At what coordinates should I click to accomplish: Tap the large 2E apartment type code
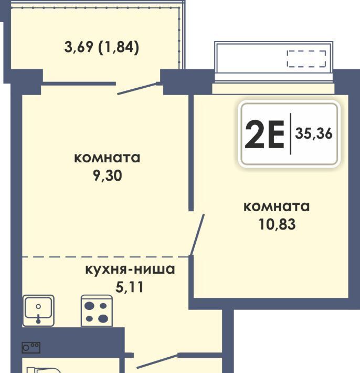point(264,134)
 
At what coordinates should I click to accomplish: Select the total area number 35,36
point(313,133)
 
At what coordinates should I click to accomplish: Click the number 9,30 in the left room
point(108,176)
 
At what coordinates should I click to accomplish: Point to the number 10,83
point(277,224)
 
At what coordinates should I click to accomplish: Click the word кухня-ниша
point(130,270)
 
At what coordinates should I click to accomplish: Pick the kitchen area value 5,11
point(130,287)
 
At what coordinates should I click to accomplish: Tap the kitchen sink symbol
point(38,310)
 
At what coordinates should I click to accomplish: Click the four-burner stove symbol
point(97,310)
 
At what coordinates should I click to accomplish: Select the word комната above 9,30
point(107,158)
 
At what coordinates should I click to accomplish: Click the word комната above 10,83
point(277,206)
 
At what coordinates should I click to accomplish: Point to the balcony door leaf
point(137,89)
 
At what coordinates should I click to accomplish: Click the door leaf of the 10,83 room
point(197,235)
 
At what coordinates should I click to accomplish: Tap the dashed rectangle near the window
point(306,59)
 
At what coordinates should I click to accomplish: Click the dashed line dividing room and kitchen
point(105,257)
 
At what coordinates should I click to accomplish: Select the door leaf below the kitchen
point(157,362)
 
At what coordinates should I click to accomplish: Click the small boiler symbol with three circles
point(31,348)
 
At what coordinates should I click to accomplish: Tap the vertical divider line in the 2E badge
point(290,134)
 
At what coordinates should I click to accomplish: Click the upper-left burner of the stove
point(90,306)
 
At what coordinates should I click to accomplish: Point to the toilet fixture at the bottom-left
point(44,370)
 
